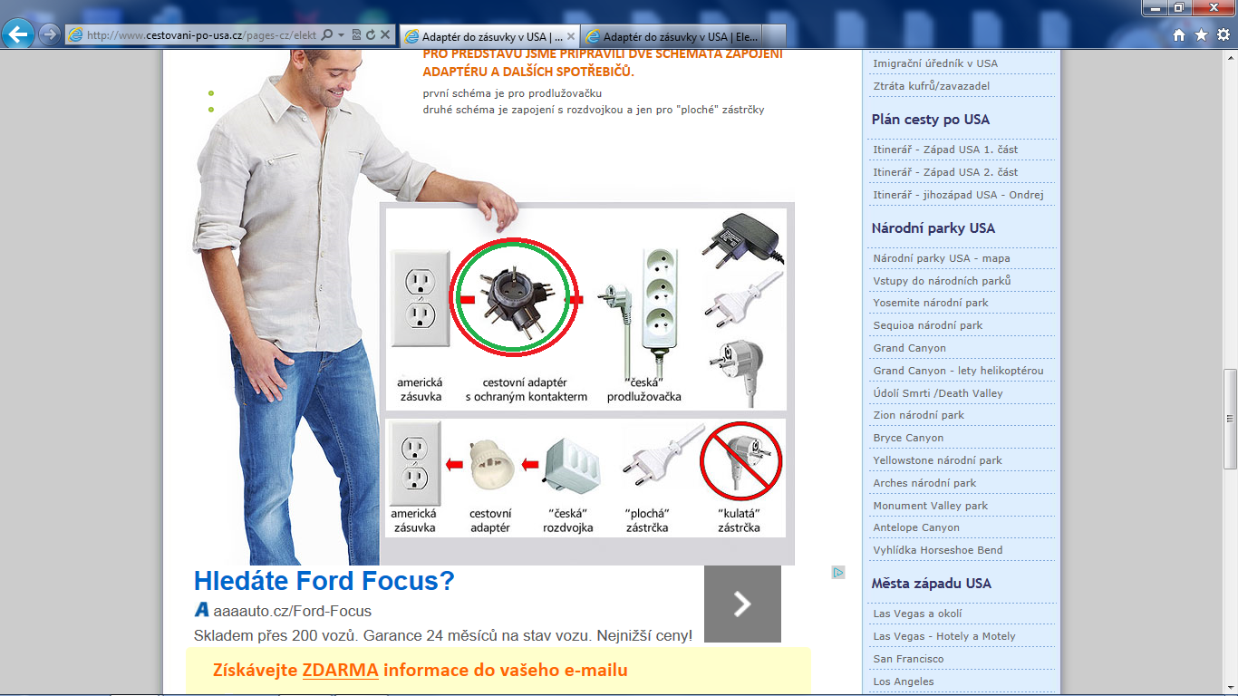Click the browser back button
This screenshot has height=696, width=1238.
point(18,34)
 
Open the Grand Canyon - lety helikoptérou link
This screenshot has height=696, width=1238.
point(958,371)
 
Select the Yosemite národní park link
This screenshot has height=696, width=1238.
point(930,303)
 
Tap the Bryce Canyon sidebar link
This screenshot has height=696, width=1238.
point(908,438)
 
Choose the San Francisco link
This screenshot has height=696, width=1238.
point(908,659)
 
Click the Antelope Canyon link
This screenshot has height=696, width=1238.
point(915,527)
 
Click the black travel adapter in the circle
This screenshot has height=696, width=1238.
point(515,298)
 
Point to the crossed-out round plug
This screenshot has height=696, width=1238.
point(741,461)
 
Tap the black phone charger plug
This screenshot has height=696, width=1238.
point(742,239)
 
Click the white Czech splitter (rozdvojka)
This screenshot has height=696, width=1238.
point(572,465)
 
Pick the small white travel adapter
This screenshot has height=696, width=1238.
point(491,464)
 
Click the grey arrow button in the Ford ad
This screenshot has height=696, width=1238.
point(742,604)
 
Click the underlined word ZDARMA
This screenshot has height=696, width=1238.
point(340,670)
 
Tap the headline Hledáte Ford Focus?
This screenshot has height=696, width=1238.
point(324,581)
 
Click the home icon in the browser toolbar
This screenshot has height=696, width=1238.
point(1178,35)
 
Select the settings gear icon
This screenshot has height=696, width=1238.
point(1223,34)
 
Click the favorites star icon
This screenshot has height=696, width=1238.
point(1201,35)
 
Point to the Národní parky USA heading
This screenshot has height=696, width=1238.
point(933,227)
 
